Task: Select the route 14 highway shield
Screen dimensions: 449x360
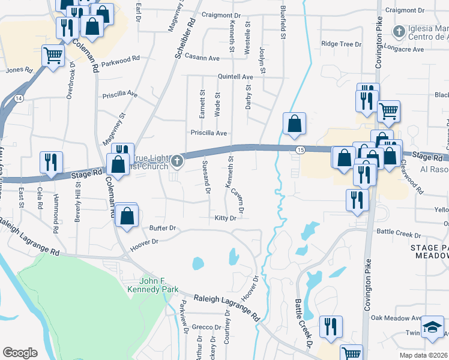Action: point(20,97)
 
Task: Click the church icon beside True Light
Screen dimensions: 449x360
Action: point(176,160)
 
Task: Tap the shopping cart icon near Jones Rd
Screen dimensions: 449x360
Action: point(53,55)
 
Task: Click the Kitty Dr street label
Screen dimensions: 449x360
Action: point(225,218)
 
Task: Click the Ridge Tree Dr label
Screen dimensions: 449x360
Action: point(342,44)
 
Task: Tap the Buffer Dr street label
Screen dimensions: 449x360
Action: point(162,229)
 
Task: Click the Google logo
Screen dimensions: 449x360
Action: point(20,353)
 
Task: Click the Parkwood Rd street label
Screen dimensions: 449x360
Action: point(120,62)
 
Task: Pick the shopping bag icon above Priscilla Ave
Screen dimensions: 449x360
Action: point(295,124)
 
